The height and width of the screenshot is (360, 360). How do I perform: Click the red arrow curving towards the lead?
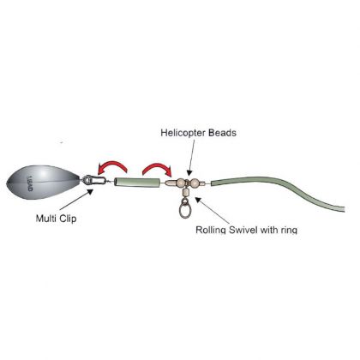pos(112,167)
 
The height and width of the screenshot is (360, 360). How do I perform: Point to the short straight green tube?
pos(137,183)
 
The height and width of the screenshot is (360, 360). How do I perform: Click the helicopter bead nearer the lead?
pos(181,183)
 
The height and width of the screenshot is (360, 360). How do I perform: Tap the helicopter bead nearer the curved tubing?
pos(194,183)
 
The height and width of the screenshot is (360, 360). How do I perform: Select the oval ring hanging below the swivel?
pos(184,208)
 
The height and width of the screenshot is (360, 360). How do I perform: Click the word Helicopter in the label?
pos(183,133)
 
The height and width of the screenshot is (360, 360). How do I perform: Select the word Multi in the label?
pos(45,219)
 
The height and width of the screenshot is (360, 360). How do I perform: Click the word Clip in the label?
pos(68,219)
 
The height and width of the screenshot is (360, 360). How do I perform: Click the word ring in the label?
pos(288,230)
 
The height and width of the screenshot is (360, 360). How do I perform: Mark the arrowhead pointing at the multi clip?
pos(90,191)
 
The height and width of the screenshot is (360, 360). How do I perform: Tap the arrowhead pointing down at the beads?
pos(189,172)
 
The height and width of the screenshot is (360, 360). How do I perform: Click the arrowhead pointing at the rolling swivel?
pos(199,199)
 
